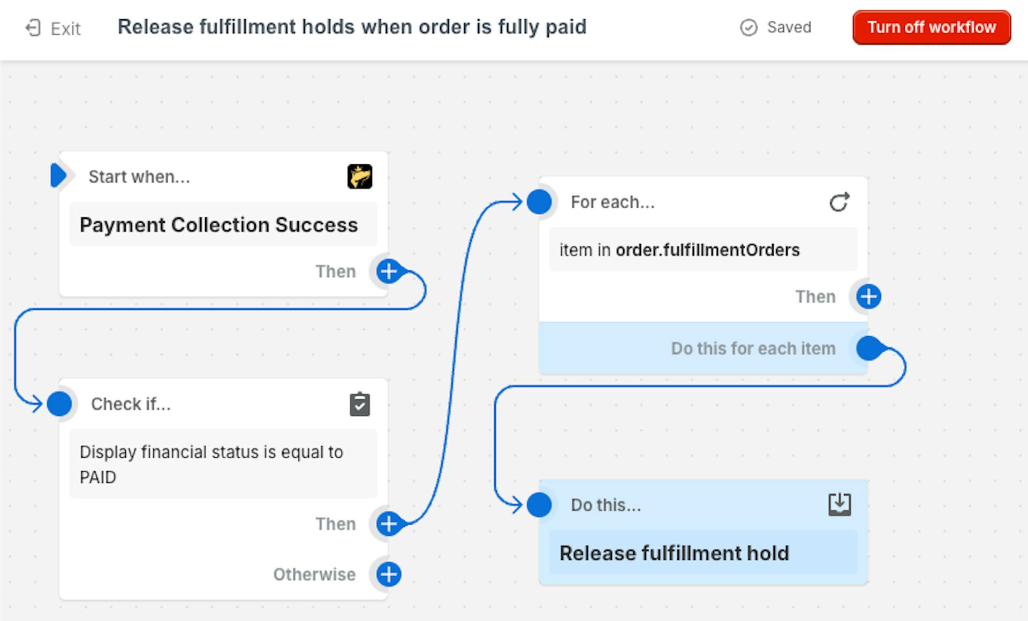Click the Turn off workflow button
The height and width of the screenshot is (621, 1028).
[932, 27]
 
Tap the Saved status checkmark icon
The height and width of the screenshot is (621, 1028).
[749, 27]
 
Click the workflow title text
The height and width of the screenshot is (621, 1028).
[352, 27]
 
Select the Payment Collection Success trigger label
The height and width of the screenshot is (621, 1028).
[218, 225]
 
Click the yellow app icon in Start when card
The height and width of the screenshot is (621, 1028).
[360, 177]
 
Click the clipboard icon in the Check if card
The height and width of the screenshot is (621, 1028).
[360, 404]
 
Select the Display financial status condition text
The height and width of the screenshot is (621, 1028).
[211, 464]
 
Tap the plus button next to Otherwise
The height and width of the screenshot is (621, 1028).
[389, 574]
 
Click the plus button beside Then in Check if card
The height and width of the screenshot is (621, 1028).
[389, 524]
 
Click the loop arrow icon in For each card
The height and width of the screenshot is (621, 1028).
[840, 202]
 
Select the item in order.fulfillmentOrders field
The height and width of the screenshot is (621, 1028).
[703, 249]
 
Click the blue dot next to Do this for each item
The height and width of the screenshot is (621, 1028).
[868, 349]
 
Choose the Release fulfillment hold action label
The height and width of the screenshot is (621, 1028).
[674, 553]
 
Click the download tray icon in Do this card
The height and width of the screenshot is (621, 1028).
[840, 504]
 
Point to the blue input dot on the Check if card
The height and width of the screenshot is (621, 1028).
[59, 404]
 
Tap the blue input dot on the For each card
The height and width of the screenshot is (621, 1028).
[539, 202]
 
